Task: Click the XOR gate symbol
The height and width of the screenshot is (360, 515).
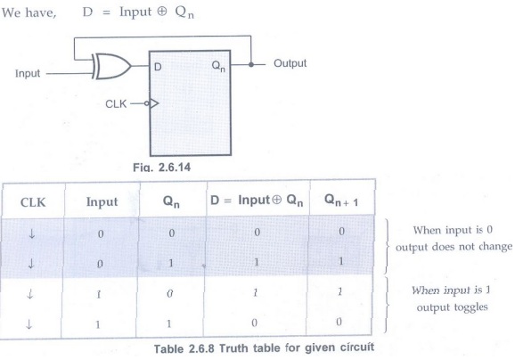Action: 111,66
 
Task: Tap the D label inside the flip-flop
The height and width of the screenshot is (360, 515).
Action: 158,67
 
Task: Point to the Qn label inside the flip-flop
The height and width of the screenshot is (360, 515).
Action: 219,66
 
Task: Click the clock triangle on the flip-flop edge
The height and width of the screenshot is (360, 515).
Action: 154,103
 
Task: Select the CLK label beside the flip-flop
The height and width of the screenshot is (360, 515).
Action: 116,104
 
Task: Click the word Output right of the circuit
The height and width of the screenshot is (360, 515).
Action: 290,63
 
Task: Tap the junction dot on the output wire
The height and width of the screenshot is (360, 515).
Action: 251,64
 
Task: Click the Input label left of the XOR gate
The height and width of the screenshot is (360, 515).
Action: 28,73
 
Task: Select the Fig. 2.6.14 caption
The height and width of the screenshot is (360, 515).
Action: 161,168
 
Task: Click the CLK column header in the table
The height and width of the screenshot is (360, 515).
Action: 33,202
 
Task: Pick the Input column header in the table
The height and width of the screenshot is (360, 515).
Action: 102,202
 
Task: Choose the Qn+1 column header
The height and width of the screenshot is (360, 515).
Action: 341,200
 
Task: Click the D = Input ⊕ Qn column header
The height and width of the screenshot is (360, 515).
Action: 257,200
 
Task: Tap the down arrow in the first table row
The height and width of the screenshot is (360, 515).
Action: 32,233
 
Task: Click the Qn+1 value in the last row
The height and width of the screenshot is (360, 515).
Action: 339,322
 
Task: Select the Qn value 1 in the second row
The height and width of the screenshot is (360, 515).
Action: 170,263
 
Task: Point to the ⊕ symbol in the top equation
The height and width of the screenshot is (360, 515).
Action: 161,12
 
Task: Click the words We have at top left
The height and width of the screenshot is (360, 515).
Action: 29,12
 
